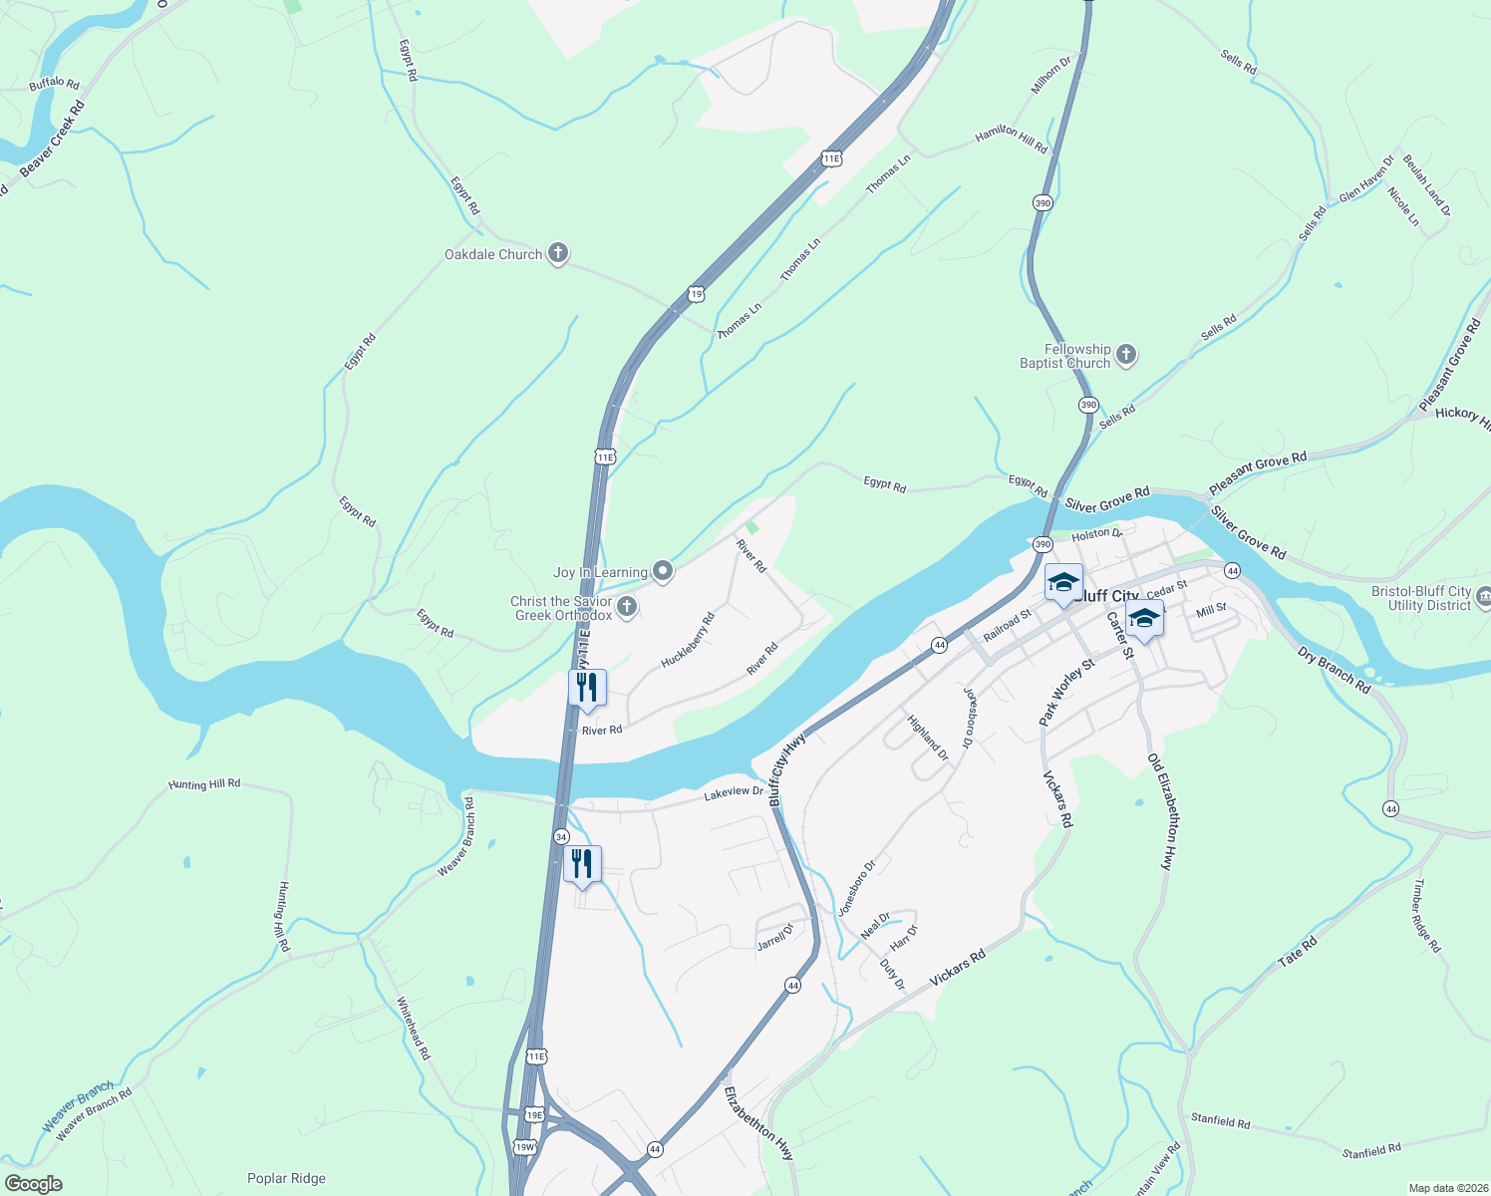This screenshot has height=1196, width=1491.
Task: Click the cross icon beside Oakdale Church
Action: click(x=558, y=253)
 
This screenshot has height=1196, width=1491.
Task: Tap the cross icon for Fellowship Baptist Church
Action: click(x=1126, y=355)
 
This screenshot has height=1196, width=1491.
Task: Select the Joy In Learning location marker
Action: click(x=663, y=571)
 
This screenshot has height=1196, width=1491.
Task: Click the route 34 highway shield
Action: click(x=562, y=836)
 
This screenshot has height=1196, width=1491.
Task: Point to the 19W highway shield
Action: click(x=524, y=1147)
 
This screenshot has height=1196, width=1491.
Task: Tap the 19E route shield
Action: click(x=534, y=1114)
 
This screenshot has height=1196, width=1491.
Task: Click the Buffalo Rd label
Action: click(x=54, y=84)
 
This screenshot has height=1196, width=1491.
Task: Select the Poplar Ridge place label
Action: click(x=286, y=1178)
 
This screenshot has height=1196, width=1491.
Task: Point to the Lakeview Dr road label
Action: click(x=734, y=794)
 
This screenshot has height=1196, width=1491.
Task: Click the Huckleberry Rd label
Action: click(x=688, y=640)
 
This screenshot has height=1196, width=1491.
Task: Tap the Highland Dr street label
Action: click(x=928, y=738)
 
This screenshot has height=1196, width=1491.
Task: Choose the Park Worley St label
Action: click(x=1066, y=691)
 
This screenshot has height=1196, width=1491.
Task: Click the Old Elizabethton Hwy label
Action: click(x=1163, y=812)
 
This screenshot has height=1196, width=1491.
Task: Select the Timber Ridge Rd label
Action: click(x=1427, y=916)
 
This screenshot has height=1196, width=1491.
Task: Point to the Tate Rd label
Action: click(x=1298, y=951)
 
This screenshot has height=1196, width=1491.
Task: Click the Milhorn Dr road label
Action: click(x=1050, y=75)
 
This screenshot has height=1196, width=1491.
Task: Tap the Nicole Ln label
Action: click(x=1403, y=206)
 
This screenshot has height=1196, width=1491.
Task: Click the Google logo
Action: click(x=34, y=1184)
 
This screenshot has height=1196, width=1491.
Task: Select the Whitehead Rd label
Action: click(x=414, y=1028)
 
